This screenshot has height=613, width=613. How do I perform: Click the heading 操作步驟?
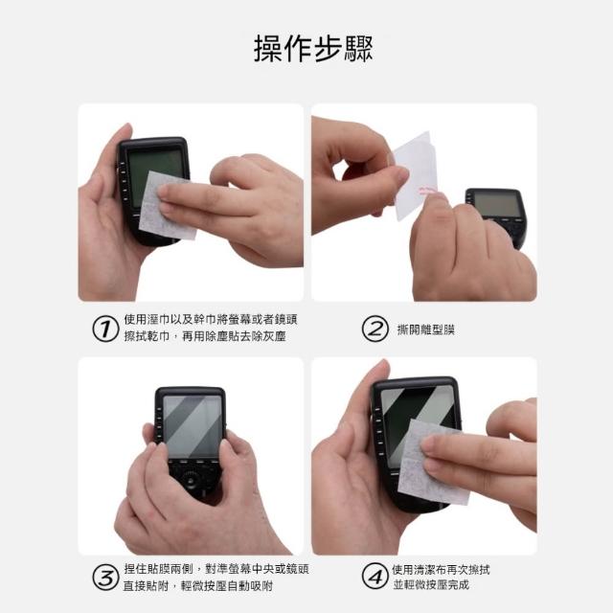pos(313,49)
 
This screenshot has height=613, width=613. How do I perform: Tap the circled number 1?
pos(105,329)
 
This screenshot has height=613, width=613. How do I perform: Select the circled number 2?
pos(375,329)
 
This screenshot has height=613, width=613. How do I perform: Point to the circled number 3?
pos(105,578)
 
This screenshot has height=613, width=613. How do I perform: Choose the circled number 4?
pos(375,576)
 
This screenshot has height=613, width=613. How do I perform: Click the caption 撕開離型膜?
pos(425,329)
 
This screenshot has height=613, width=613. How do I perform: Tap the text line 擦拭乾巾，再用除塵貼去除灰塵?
pos(205,336)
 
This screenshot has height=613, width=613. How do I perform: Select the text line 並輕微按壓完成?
pos(431,585)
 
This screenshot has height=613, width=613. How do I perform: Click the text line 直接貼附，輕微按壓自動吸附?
pos(198,586)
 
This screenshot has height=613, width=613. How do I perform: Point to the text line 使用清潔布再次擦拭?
pos(441,570)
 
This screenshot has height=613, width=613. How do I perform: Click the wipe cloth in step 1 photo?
pos(168,206)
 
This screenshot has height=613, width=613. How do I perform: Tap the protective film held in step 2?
pos(414,175)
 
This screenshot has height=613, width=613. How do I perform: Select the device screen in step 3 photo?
pos(193,426)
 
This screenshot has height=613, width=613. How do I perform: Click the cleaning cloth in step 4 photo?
pos(432,463)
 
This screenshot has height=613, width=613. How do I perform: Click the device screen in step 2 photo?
pos(497,205)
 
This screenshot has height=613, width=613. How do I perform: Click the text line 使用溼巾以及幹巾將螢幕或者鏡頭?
pos(211,319)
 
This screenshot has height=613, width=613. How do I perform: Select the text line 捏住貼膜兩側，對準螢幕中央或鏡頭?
pos(216,569)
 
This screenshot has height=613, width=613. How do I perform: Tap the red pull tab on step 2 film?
pos(428,191)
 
